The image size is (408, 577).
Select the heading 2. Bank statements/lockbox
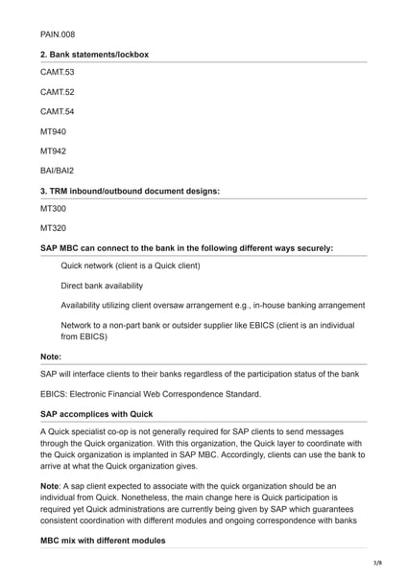(x=94, y=55)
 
